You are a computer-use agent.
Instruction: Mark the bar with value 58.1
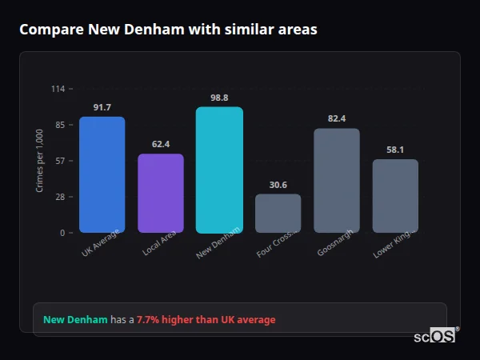tap(395, 196)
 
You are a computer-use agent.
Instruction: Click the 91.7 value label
tap(102, 107)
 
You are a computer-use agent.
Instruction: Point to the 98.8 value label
tap(219, 98)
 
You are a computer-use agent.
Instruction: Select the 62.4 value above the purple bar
tap(161, 144)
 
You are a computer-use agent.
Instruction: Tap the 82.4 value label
tap(337, 118)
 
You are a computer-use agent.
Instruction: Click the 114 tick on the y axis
tap(58, 89)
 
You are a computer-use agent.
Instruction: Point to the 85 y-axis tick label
tap(60, 125)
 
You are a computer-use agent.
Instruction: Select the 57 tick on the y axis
tap(60, 161)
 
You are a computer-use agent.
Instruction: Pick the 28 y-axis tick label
tap(60, 197)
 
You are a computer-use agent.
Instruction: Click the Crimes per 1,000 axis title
tap(40, 161)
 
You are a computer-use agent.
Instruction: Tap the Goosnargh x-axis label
tap(331, 246)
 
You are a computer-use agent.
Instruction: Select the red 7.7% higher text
tap(206, 320)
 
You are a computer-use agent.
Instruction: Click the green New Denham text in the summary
tap(75, 320)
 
